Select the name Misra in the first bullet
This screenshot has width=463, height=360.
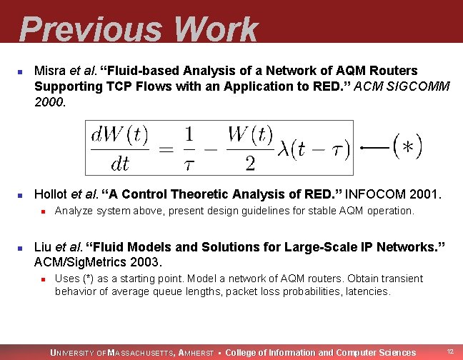49,71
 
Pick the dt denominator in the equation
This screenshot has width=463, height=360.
119,163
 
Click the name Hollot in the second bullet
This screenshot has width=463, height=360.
51,194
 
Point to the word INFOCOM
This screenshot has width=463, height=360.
374,194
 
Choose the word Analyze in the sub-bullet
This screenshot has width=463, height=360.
74,211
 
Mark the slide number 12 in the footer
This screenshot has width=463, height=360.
450,351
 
